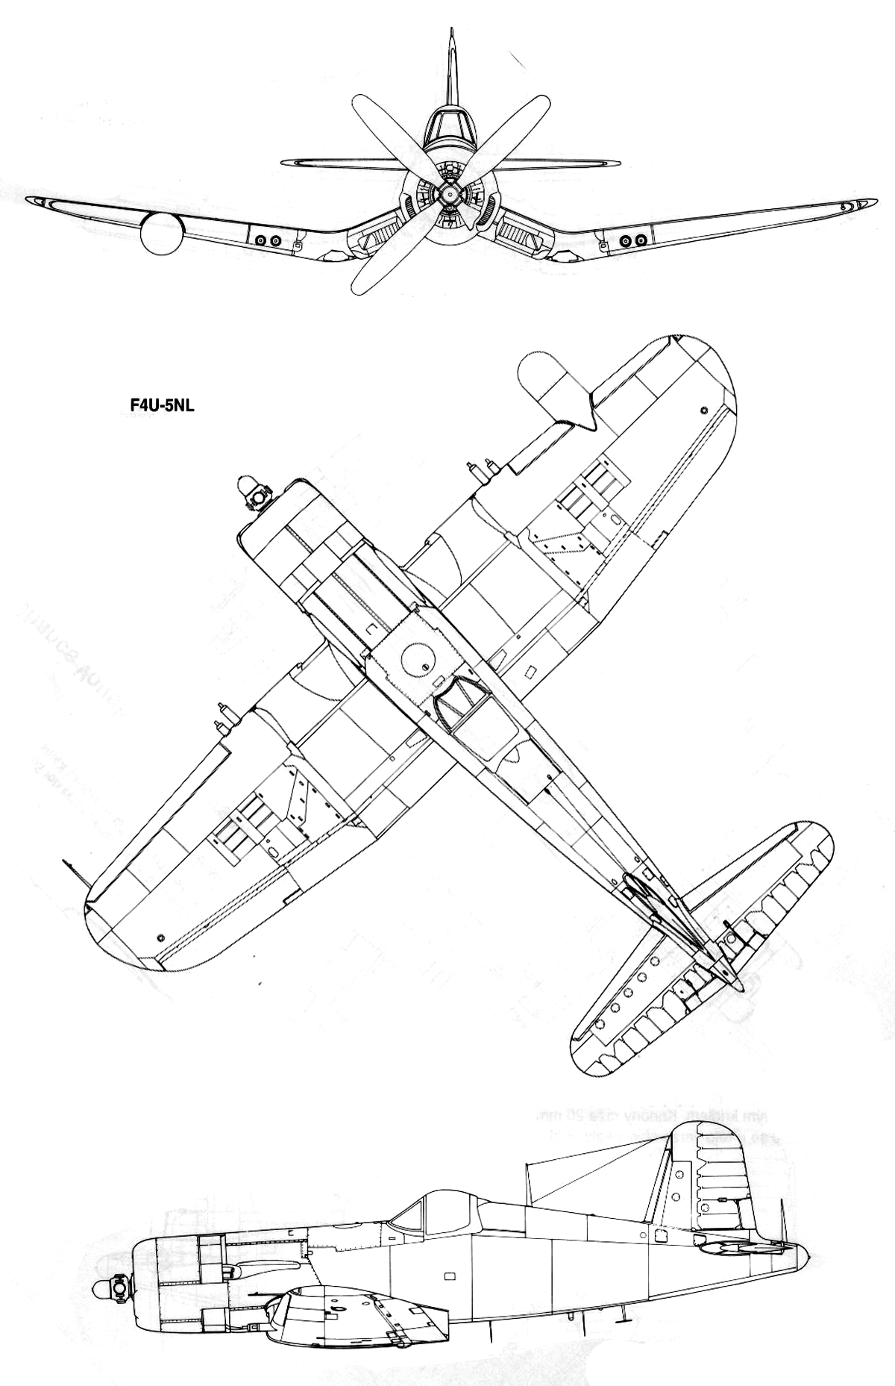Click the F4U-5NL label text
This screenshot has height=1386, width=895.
(x=158, y=408)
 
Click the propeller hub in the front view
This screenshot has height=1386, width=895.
(x=447, y=194)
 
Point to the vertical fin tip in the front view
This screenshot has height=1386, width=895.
(x=451, y=34)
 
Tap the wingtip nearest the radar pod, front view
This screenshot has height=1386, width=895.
(x=34, y=201)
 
